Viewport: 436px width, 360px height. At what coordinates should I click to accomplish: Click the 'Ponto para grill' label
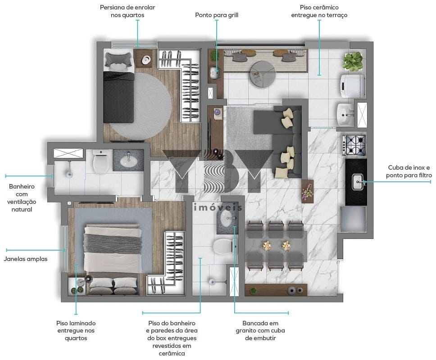coord(217,15)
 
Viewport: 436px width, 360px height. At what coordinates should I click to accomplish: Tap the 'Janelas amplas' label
coord(26,259)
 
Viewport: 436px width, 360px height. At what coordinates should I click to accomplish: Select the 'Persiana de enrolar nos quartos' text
coord(127,11)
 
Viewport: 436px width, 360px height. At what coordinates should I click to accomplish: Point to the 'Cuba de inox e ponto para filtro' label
coord(409,171)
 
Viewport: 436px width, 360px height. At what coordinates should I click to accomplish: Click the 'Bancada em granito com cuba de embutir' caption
coord(260,331)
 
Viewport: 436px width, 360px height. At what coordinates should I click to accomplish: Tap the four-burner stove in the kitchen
coord(354,145)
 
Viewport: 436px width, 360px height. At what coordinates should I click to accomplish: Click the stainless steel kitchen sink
coord(358,182)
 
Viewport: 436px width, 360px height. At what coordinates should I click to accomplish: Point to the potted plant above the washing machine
coord(353,61)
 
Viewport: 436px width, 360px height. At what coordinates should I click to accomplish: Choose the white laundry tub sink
coord(345,115)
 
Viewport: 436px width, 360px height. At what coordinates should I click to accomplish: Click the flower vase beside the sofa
coord(308,191)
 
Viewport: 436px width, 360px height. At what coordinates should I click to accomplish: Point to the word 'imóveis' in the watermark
coord(218,207)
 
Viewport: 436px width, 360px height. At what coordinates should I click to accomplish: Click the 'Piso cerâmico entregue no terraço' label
coord(319,11)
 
